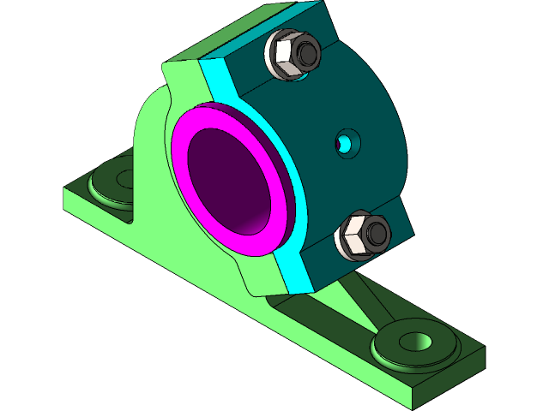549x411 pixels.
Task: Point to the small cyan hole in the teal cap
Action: click(x=346, y=142)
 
